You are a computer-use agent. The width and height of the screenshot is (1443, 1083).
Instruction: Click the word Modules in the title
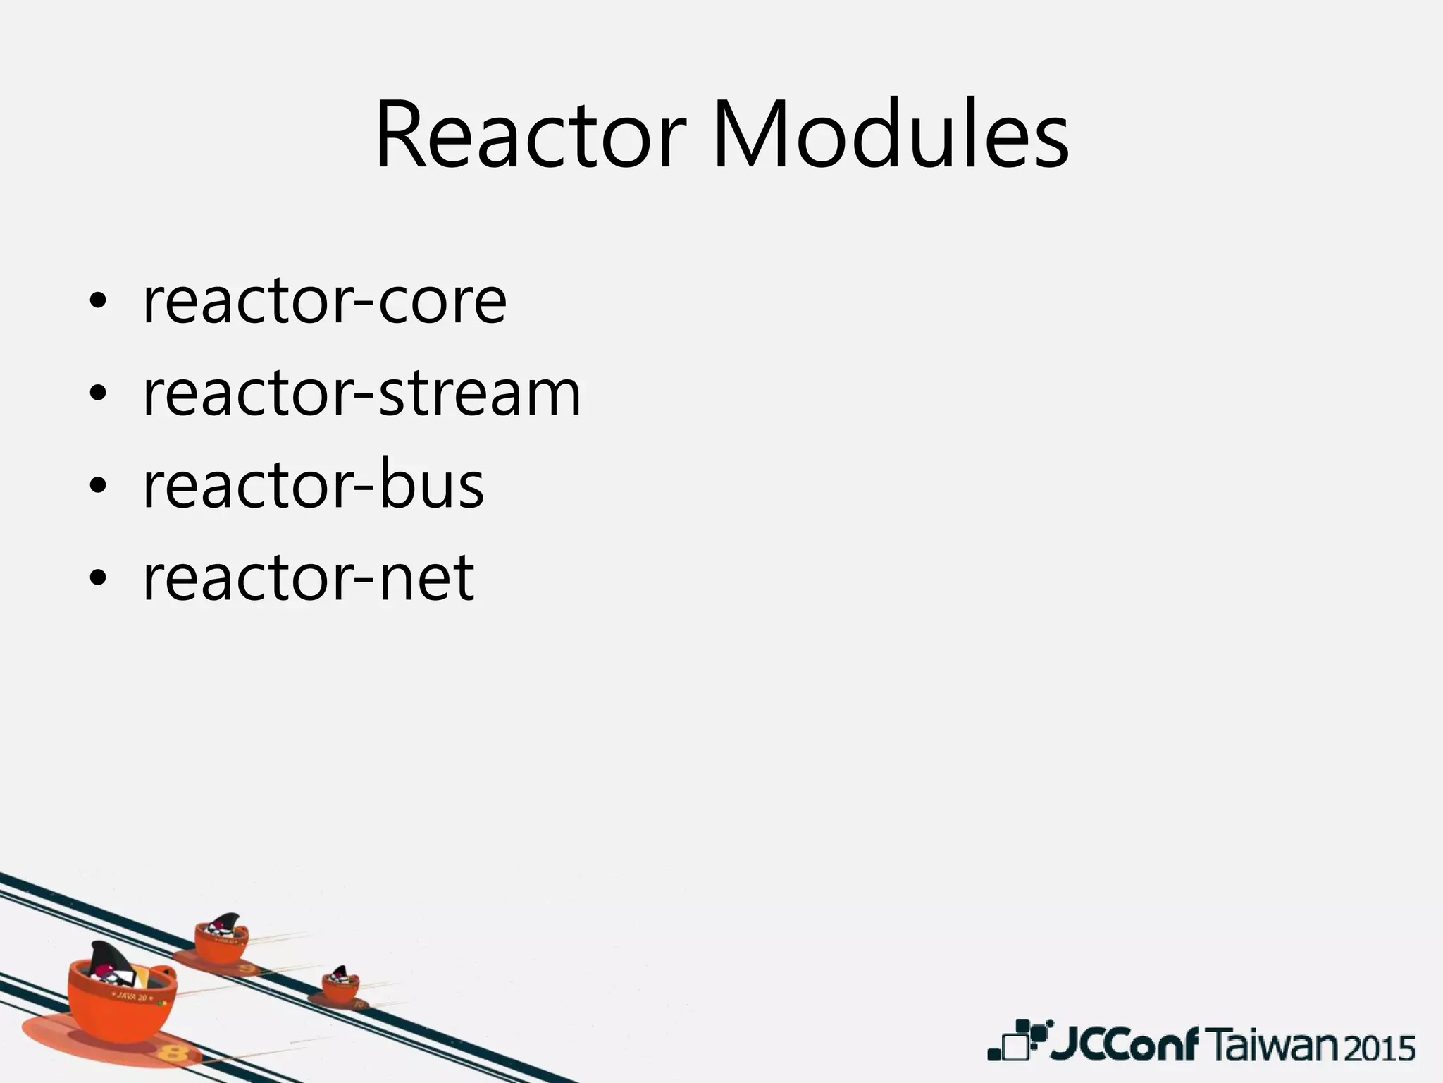point(891,135)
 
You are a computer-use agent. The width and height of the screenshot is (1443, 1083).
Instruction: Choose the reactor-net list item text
point(309,577)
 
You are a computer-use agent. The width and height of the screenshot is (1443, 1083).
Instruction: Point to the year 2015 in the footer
point(1382,1048)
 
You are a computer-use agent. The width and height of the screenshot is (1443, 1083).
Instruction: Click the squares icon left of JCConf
point(1018,1041)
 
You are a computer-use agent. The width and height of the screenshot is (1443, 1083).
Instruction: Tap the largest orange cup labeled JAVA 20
point(120,1001)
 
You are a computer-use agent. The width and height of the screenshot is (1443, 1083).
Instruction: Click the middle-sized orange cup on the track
point(221,938)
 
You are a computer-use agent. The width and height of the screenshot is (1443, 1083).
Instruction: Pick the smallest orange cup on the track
point(340,984)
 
